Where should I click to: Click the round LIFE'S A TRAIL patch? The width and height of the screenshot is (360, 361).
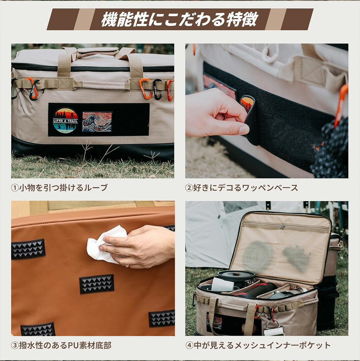click(65, 121)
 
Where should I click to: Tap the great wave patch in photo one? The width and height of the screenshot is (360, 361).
click(97, 122)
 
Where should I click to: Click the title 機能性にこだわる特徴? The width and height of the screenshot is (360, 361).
click(180, 19)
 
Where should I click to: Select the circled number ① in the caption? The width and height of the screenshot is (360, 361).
click(15, 188)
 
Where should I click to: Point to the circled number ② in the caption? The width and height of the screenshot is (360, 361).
click(189, 188)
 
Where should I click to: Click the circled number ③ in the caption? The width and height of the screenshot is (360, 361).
click(15, 346)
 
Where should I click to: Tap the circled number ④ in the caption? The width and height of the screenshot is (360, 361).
click(189, 346)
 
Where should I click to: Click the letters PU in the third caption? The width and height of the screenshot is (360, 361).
click(73, 346)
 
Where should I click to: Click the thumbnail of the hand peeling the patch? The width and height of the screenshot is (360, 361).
click(267, 111)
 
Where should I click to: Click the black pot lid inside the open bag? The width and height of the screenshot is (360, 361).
click(236, 275)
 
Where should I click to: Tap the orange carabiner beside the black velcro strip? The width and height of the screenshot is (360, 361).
click(341, 105)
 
